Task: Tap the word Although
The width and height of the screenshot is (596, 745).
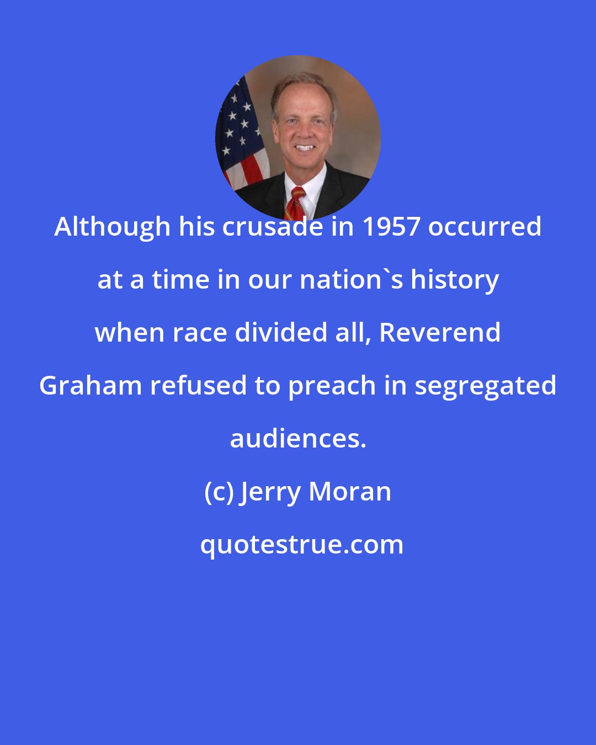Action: (x=112, y=227)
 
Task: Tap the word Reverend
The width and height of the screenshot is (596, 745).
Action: (x=440, y=333)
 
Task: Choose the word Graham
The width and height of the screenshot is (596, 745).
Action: (x=88, y=386)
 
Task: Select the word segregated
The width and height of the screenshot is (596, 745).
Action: (x=485, y=386)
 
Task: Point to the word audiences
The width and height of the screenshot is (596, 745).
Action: (x=298, y=439)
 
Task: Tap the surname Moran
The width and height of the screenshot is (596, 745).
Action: (x=350, y=492)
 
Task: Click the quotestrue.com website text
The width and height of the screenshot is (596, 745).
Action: (x=301, y=545)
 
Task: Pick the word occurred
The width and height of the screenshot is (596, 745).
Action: (x=485, y=227)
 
